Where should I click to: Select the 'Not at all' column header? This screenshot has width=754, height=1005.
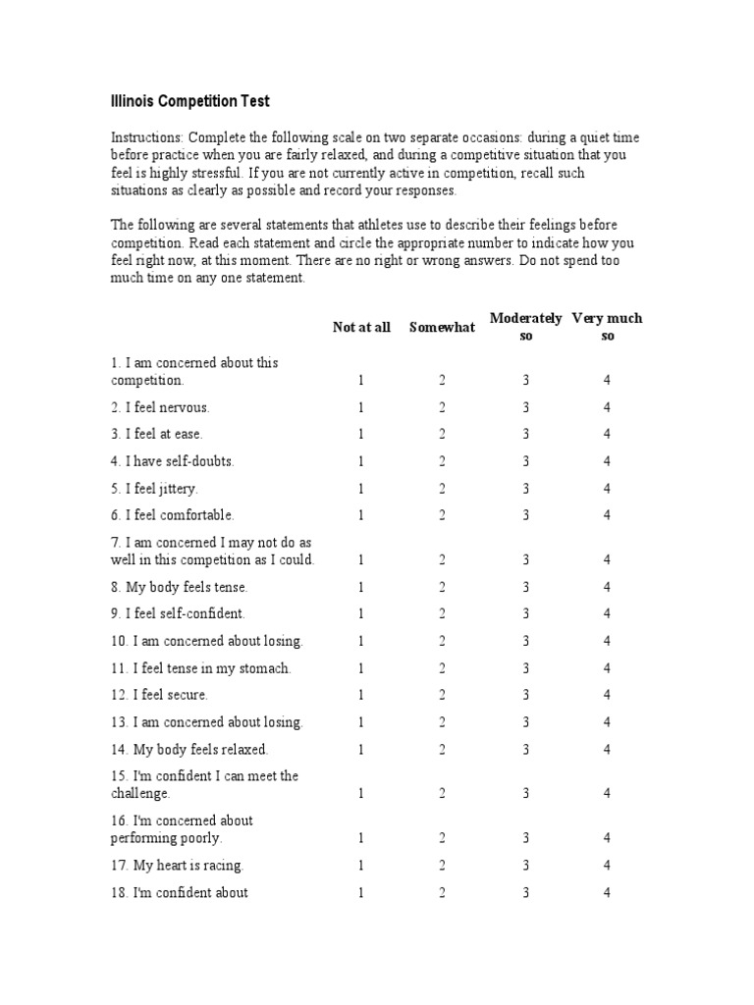coord(360,328)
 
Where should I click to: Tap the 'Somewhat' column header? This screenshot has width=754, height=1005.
coord(442,328)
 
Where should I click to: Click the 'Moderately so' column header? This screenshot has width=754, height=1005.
coord(525,327)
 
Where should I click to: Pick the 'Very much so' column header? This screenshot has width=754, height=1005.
coord(607,327)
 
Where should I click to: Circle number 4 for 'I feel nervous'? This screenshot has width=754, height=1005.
coord(607,407)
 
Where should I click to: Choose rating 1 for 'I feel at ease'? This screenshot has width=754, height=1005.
coord(360,435)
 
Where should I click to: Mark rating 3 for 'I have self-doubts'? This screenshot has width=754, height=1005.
coord(525,461)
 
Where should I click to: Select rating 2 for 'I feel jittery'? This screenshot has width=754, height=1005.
coord(442,489)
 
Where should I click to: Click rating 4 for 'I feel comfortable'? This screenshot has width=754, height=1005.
coord(607,515)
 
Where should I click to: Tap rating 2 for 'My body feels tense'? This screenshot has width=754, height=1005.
coord(442,587)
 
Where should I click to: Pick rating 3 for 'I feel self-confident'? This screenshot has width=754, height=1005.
coord(525,614)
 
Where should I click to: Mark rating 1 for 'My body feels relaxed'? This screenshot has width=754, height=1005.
coord(360,750)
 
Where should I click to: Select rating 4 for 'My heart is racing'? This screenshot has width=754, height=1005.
coord(607,866)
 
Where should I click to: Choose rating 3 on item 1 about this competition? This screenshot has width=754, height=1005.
coord(525,381)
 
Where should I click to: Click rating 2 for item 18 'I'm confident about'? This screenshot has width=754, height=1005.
coord(442,893)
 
